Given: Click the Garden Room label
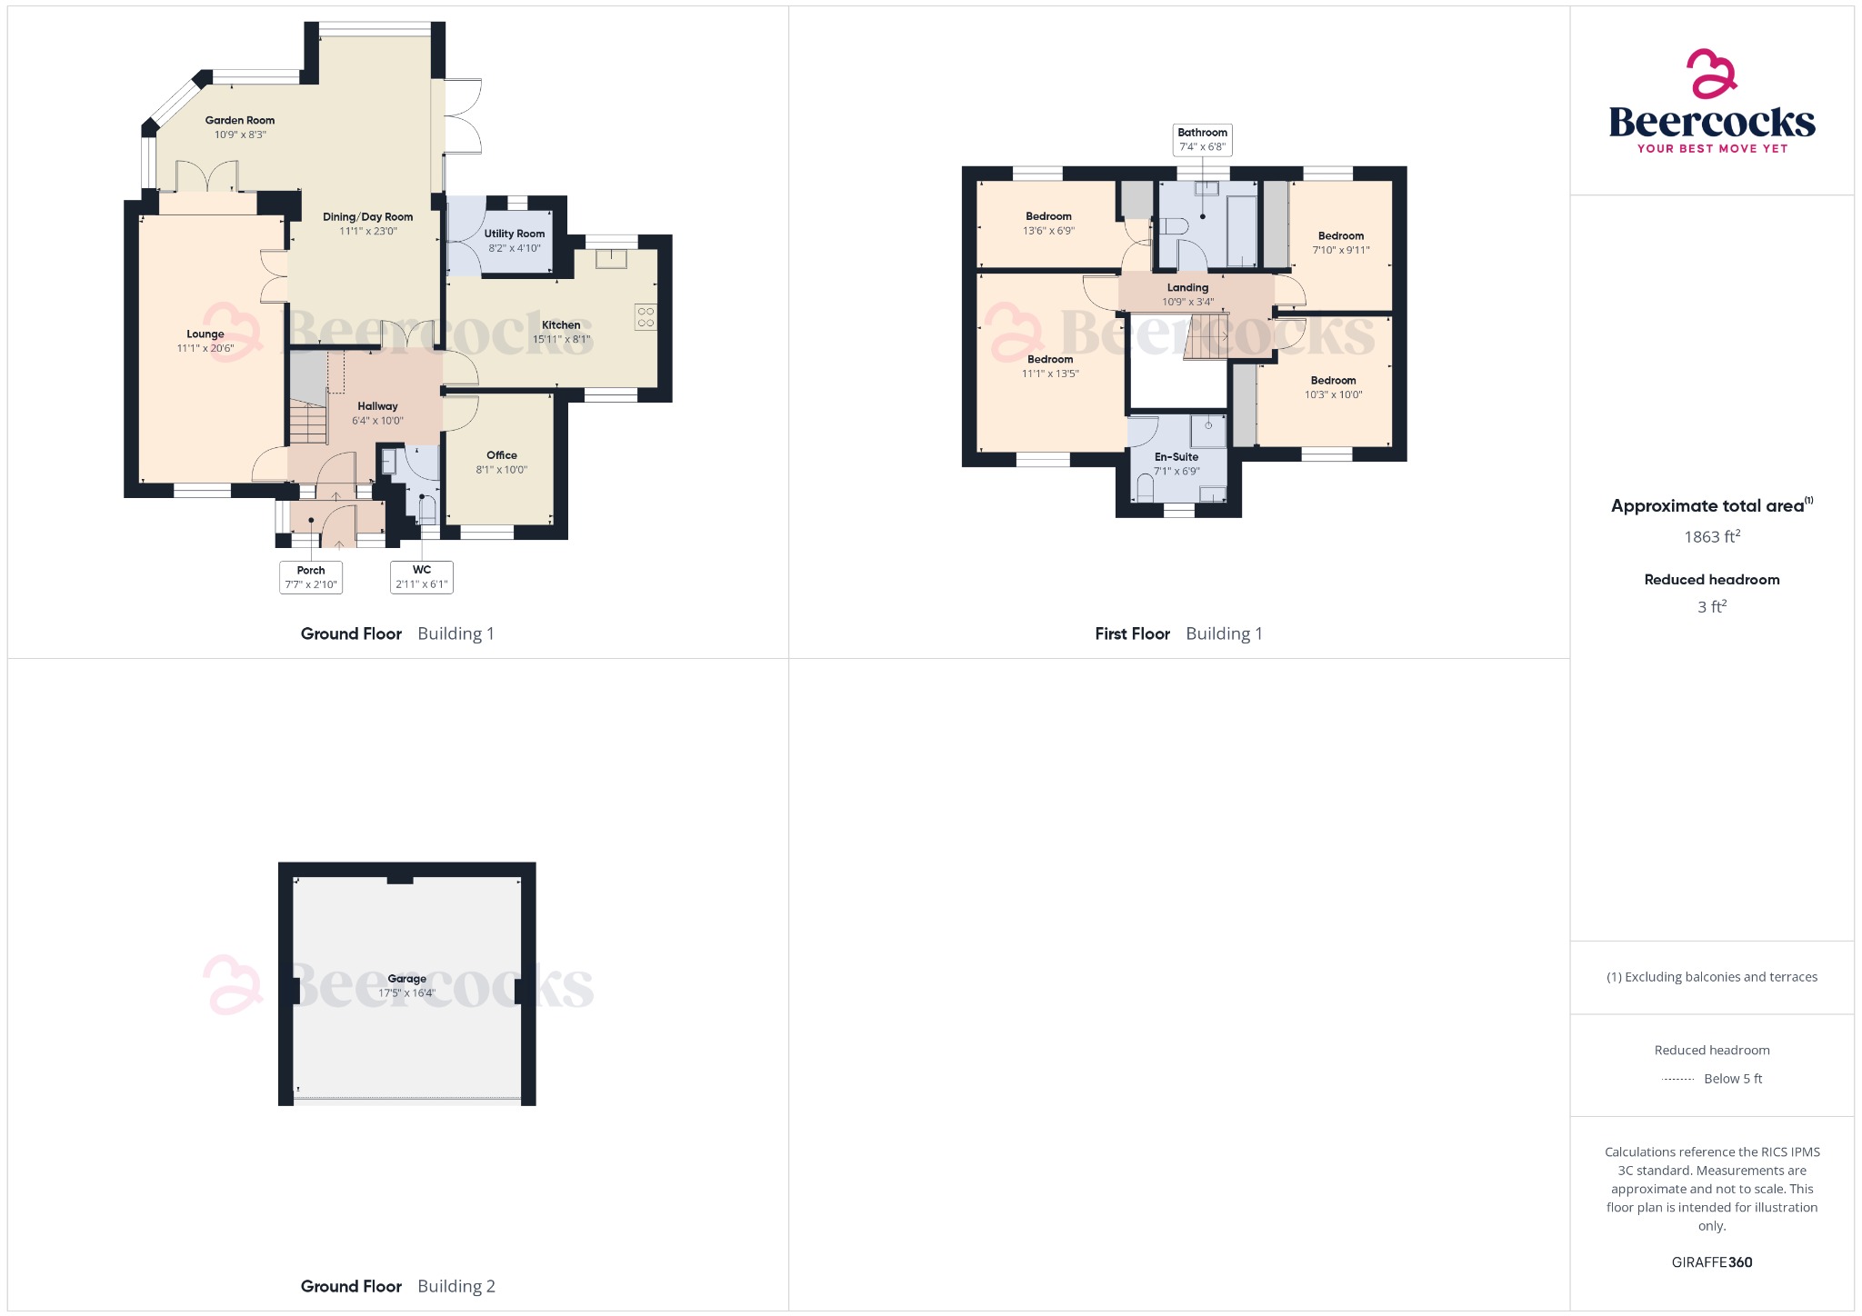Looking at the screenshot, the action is tap(240, 120).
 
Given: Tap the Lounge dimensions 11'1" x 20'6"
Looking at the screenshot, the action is tap(205, 348).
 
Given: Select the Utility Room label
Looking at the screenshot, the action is tap(515, 234).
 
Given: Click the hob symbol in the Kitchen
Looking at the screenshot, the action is tap(646, 316).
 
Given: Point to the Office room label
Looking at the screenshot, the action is tap(502, 455).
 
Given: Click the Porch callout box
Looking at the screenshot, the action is tap(311, 577).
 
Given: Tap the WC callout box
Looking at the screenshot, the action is tap(422, 577).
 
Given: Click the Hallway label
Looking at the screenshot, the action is tap(377, 406).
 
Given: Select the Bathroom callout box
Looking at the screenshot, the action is tap(1203, 139).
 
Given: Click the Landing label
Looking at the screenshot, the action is tap(1188, 287).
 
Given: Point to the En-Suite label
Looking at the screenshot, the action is tap(1176, 457).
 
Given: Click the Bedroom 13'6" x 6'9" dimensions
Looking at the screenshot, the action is tap(1049, 231).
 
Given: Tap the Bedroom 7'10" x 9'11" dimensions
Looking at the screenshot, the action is tap(1341, 250).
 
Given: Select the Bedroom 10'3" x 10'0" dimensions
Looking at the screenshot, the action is tap(1334, 394).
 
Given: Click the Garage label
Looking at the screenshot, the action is tap(407, 979).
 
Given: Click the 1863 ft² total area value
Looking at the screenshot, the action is tap(1712, 536).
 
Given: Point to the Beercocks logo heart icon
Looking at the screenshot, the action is tap(1712, 74).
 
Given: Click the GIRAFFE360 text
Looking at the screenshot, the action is tap(1712, 1262).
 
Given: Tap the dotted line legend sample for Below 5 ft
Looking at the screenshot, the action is tap(1677, 1080).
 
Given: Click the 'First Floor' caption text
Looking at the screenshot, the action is tap(1132, 634).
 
